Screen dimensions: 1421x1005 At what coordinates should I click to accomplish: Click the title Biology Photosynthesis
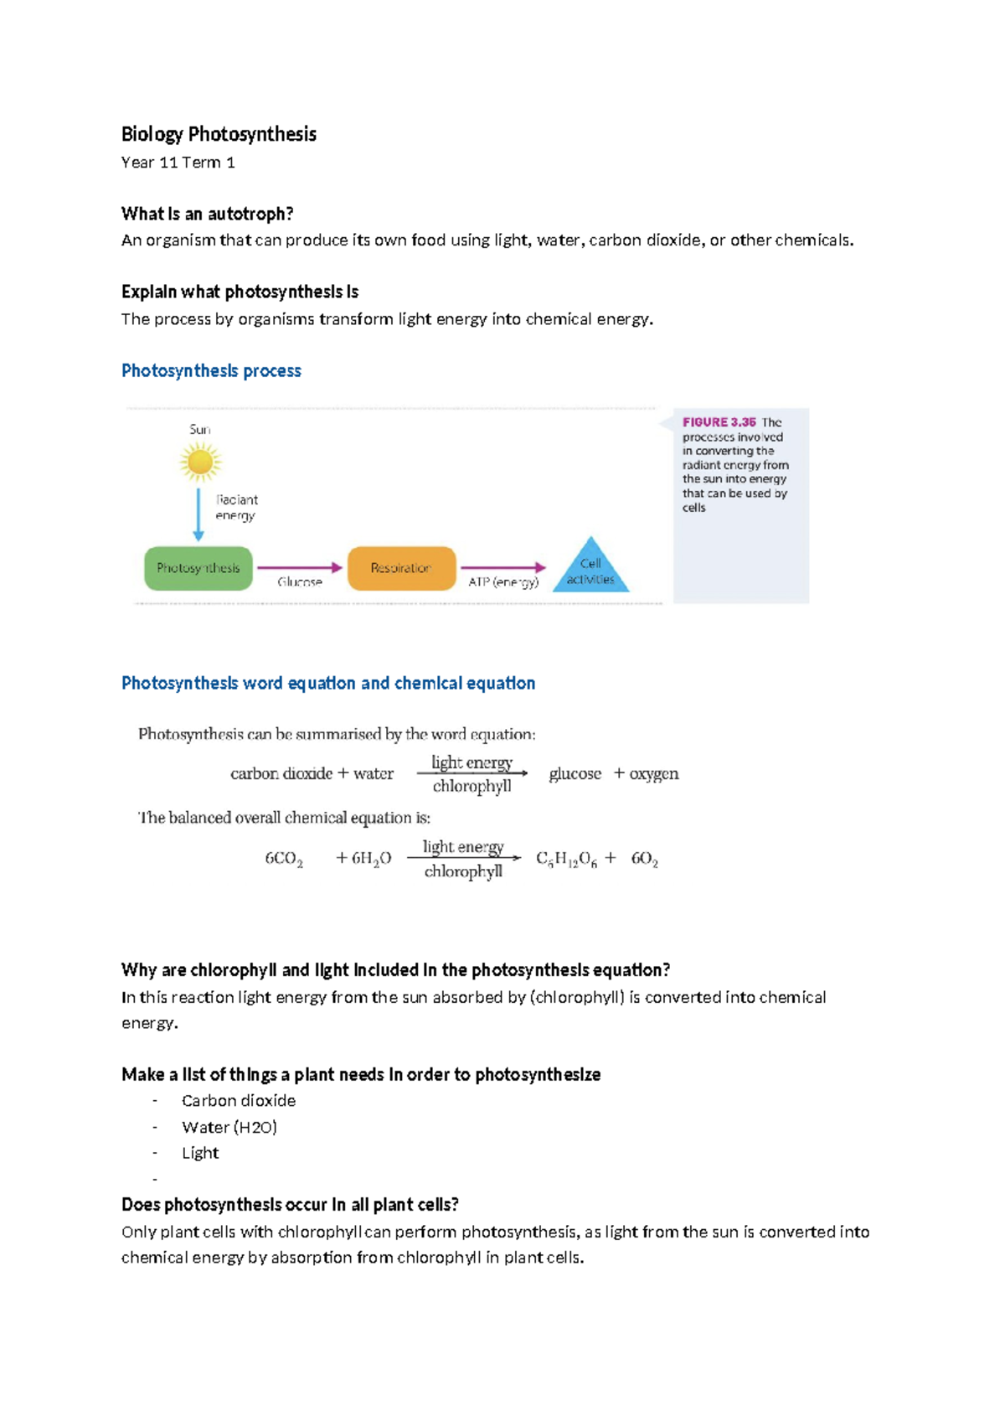pyautogui.click(x=219, y=134)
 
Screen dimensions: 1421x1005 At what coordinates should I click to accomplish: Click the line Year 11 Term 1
pyautogui.click(x=178, y=163)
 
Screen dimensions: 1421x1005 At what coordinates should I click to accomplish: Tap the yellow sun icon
pyautogui.click(x=200, y=462)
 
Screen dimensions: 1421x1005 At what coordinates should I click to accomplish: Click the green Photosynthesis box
pyautogui.click(x=198, y=568)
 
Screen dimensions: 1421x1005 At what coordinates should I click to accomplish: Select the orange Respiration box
pyautogui.click(x=401, y=568)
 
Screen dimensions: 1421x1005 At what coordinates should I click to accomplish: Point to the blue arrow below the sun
pyautogui.click(x=198, y=514)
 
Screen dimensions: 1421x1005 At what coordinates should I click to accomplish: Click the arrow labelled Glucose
pyautogui.click(x=300, y=568)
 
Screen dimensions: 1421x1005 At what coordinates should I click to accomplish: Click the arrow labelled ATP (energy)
pyautogui.click(x=502, y=568)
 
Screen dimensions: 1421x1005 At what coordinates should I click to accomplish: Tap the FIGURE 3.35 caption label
pyautogui.click(x=719, y=422)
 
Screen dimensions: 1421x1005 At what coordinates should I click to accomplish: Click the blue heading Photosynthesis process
pyautogui.click(x=211, y=370)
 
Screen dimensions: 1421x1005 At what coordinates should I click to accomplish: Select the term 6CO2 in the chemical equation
pyautogui.click(x=284, y=859)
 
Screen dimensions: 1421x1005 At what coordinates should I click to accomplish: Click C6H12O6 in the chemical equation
pyautogui.click(x=566, y=859)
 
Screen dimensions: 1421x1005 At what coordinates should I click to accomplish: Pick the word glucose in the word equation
pyautogui.click(x=575, y=773)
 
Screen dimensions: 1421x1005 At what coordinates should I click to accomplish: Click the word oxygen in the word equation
pyautogui.click(x=653, y=773)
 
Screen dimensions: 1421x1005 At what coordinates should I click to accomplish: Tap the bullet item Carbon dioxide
pyautogui.click(x=239, y=1100)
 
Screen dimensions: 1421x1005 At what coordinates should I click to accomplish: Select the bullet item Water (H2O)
pyautogui.click(x=229, y=1127)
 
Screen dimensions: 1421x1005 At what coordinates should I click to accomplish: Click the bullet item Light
pyautogui.click(x=200, y=1153)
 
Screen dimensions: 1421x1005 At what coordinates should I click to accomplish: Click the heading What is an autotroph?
pyautogui.click(x=207, y=214)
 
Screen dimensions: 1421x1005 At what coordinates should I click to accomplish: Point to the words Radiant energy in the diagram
pyautogui.click(x=236, y=507)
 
